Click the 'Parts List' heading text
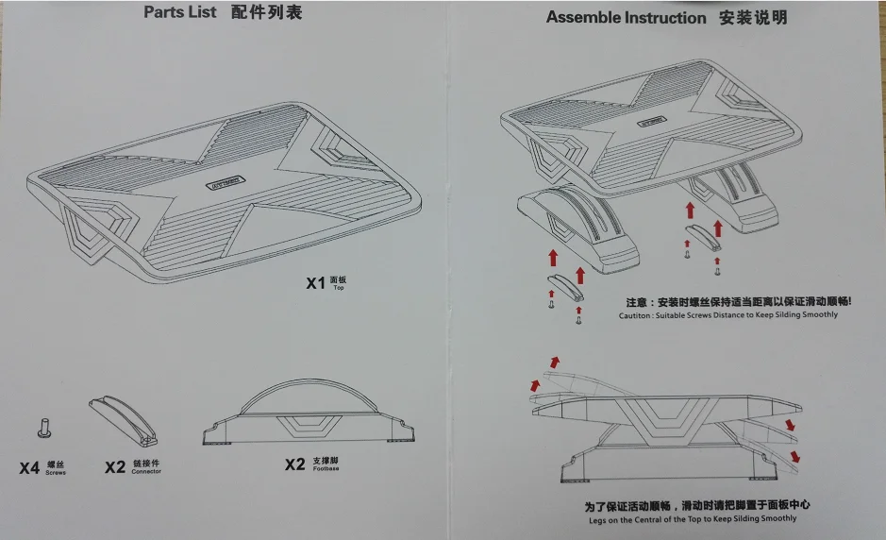tap(179, 12)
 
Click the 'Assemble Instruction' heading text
tap(625, 18)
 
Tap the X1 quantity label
tap(315, 282)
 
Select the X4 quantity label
tap(29, 467)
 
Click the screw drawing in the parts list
tap(42, 429)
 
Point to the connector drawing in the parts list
tap(123, 421)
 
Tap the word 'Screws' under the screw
tap(56, 472)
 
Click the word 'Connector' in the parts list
tap(146, 471)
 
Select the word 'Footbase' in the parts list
tap(326, 468)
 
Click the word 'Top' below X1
tap(340, 287)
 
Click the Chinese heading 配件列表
tap(267, 12)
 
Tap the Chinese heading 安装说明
tap(752, 18)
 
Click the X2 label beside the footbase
tap(295, 464)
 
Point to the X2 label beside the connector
tap(115, 466)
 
